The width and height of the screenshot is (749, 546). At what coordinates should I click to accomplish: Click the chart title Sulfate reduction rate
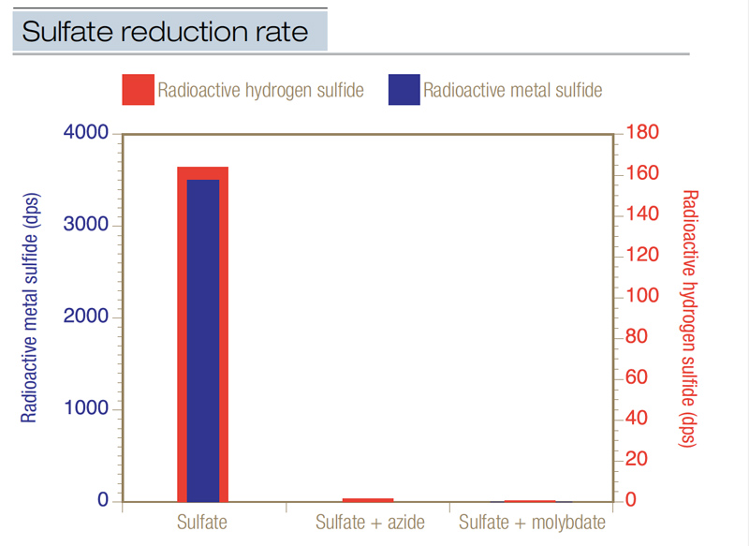click(x=165, y=32)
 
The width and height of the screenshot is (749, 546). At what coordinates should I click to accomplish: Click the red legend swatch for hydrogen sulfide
click(x=137, y=90)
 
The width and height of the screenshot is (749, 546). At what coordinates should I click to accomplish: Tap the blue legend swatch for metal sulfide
click(x=404, y=90)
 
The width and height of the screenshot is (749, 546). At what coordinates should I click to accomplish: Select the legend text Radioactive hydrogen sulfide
click(x=261, y=90)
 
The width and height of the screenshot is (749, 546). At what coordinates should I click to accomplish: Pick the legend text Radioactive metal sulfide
click(x=512, y=90)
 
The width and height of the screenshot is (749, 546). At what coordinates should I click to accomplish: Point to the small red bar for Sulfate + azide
click(x=367, y=500)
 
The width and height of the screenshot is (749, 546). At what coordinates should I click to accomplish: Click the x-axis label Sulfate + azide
click(x=371, y=522)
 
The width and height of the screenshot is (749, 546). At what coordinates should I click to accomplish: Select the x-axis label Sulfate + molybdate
click(x=533, y=522)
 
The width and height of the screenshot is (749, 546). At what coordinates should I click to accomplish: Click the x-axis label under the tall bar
click(x=202, y=522)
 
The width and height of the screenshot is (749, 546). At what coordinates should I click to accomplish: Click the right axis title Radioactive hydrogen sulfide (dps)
click(x=691, y=318)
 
